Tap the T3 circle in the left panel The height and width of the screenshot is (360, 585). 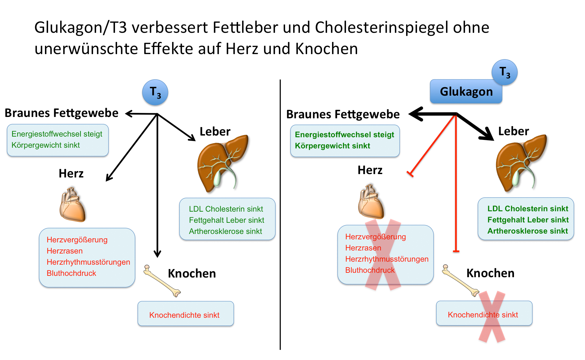tap(155, 92)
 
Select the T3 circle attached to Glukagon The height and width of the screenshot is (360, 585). tap(505, 72)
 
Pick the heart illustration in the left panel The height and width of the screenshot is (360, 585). tap(72, 205)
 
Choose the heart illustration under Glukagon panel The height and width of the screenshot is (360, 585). tap(371, 202)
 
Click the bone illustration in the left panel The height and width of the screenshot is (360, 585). tap(162, 281)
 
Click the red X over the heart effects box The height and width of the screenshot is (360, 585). tap(383, 255)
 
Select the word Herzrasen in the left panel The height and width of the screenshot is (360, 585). tap(65, 251)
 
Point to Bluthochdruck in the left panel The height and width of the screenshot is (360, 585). tap(71, 273)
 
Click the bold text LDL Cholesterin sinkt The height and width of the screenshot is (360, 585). tap(528, 209)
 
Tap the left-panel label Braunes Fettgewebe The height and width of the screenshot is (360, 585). tap(62, 113)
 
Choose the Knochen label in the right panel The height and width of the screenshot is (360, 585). tap(490, 273)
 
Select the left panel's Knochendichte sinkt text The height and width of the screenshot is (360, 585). tap(184, 315)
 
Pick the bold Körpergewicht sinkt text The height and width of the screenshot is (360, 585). tap(332, 146)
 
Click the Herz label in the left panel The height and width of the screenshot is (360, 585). tap(71, 173)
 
